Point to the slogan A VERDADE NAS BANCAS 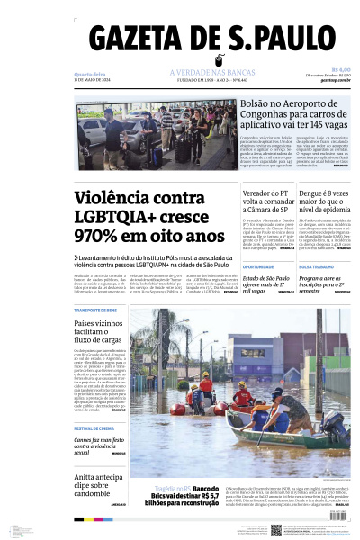(207, 72)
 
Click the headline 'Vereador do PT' (269, 192)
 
